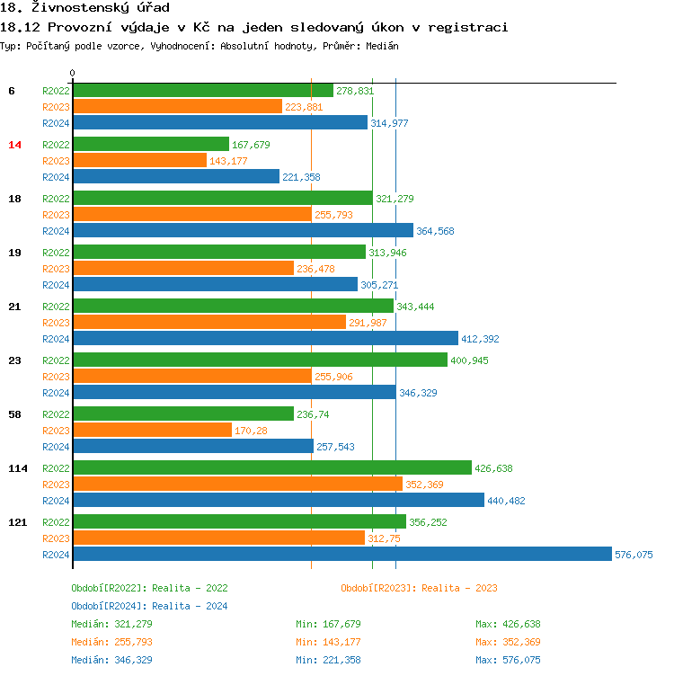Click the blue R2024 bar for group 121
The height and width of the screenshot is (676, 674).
(x=341, y=555)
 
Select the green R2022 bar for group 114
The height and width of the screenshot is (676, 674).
(x=271, y=467)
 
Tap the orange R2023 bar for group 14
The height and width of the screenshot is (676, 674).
(x=139, y=160)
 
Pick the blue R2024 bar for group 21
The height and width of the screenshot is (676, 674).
(x=265, y=338)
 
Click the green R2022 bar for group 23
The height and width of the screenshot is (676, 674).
(x=259, y=360)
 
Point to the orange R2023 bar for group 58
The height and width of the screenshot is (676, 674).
(x=152, y=430)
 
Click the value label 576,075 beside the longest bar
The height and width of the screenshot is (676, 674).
(x=634, y=555)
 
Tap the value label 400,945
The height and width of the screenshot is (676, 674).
(x=469, y=360)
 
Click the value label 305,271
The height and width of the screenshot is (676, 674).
(x=379, y=285)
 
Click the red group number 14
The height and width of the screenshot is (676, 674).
(x=14, y=145)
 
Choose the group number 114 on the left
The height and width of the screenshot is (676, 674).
(x=17, y=468)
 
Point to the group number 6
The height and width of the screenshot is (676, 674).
(x=11, y=91)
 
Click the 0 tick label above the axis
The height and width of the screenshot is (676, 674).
(x=73, y=73)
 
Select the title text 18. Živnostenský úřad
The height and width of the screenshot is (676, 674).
(x=85, y=8)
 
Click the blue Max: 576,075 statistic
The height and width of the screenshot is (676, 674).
(x=508, y=660)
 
